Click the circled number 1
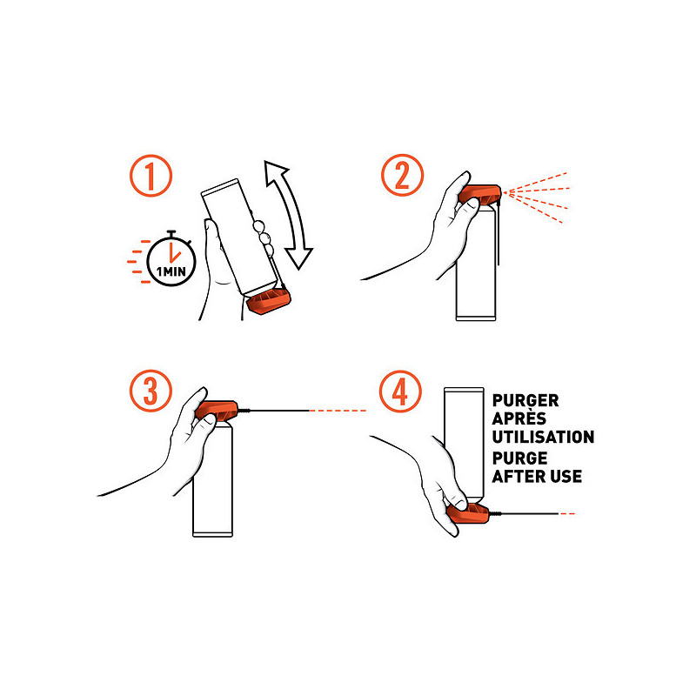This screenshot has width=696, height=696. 151,176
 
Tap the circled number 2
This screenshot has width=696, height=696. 402,175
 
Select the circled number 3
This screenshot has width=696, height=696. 151,391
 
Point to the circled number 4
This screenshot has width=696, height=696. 400,391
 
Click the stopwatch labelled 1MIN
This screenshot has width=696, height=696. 171,260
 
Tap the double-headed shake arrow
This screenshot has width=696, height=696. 290,215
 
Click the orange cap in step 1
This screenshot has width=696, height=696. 269,301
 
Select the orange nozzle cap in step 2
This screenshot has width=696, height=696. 480,194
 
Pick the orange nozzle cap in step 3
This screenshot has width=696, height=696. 217,410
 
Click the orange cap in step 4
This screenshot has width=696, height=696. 468,513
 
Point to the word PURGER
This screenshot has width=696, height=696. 525,400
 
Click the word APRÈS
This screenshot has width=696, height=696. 519,418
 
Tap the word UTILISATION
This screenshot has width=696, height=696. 543,437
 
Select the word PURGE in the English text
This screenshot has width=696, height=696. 519,458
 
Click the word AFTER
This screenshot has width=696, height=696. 519,476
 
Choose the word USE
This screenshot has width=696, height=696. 566,476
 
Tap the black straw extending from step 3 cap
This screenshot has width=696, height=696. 273,411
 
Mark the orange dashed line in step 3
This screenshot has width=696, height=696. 338,411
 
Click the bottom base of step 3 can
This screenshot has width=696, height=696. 212,534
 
